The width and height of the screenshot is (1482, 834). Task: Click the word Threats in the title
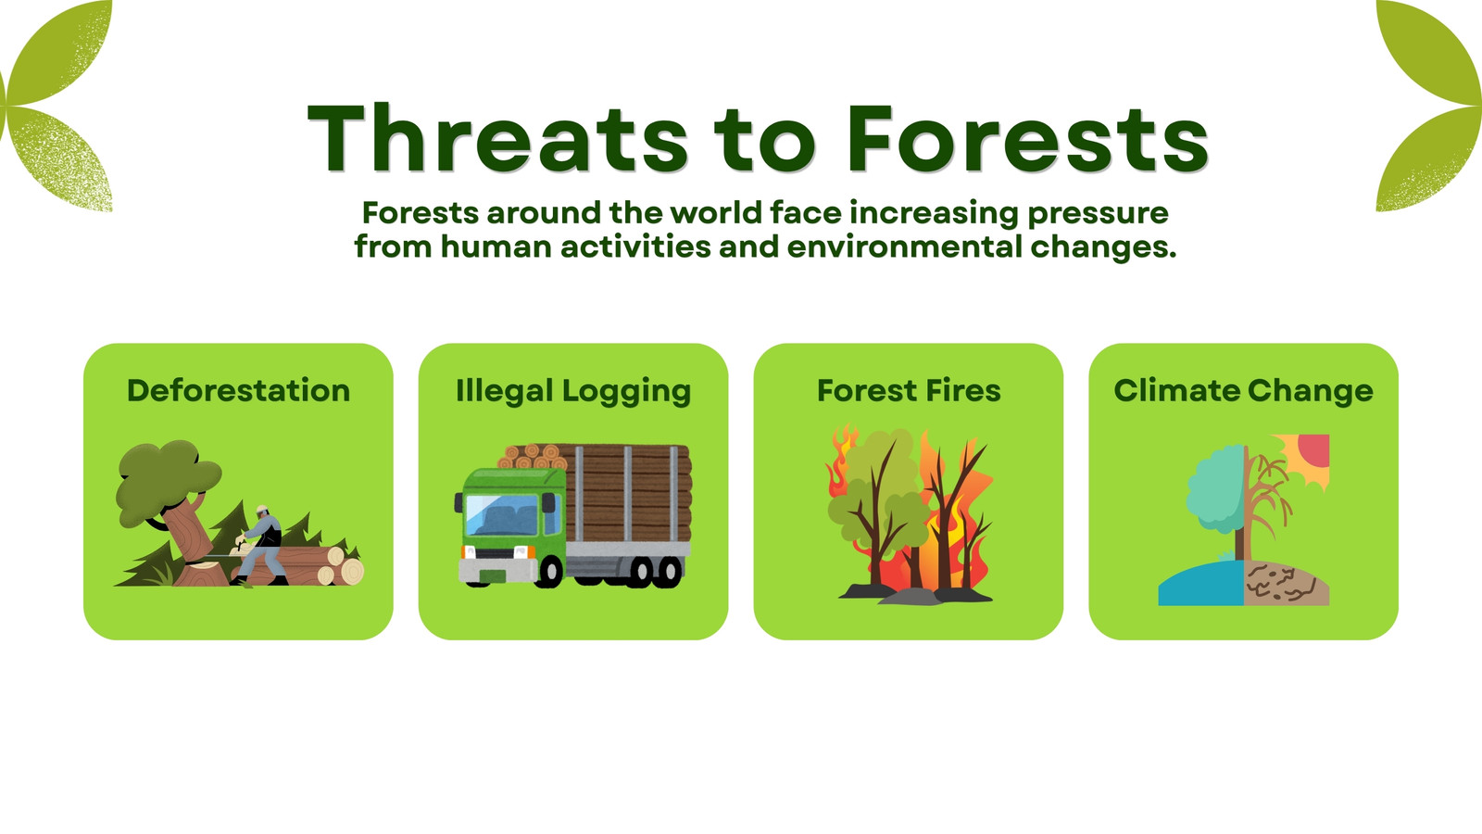pyautogui.click(x=499, y=138)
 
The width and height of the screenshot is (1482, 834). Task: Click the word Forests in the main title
pyautogui.click(x=1029, y=138)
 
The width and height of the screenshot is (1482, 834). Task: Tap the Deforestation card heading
pyautogui.click(x=238, y=390)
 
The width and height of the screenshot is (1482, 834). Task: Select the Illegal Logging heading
pyautogui.click(x=573, y=391)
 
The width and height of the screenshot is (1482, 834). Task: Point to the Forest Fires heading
pyautogui.click(x=909, y=390)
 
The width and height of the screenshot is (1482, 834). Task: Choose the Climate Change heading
pyautogui.click(x=1243, y=391)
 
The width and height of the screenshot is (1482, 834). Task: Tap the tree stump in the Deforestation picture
pyautogui.click(x=201, y=574)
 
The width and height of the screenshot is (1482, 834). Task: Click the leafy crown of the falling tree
pyautogui.click(x=166, y=481)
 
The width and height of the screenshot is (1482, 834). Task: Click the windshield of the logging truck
pyautogui.click(x=503, y=515)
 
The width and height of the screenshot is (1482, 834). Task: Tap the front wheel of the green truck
pyautogui.click(x=550, y=571)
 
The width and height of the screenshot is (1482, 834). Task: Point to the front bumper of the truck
pyautogui.click(x=497, y=571)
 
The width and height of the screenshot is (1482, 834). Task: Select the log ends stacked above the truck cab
pyautogui.click(x=534, y=456)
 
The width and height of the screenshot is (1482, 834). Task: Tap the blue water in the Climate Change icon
pyautogui.click(x=1200, y=585)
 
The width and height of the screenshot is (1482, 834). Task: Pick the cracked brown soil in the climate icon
pyautogui.click(x=1287, y=584)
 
